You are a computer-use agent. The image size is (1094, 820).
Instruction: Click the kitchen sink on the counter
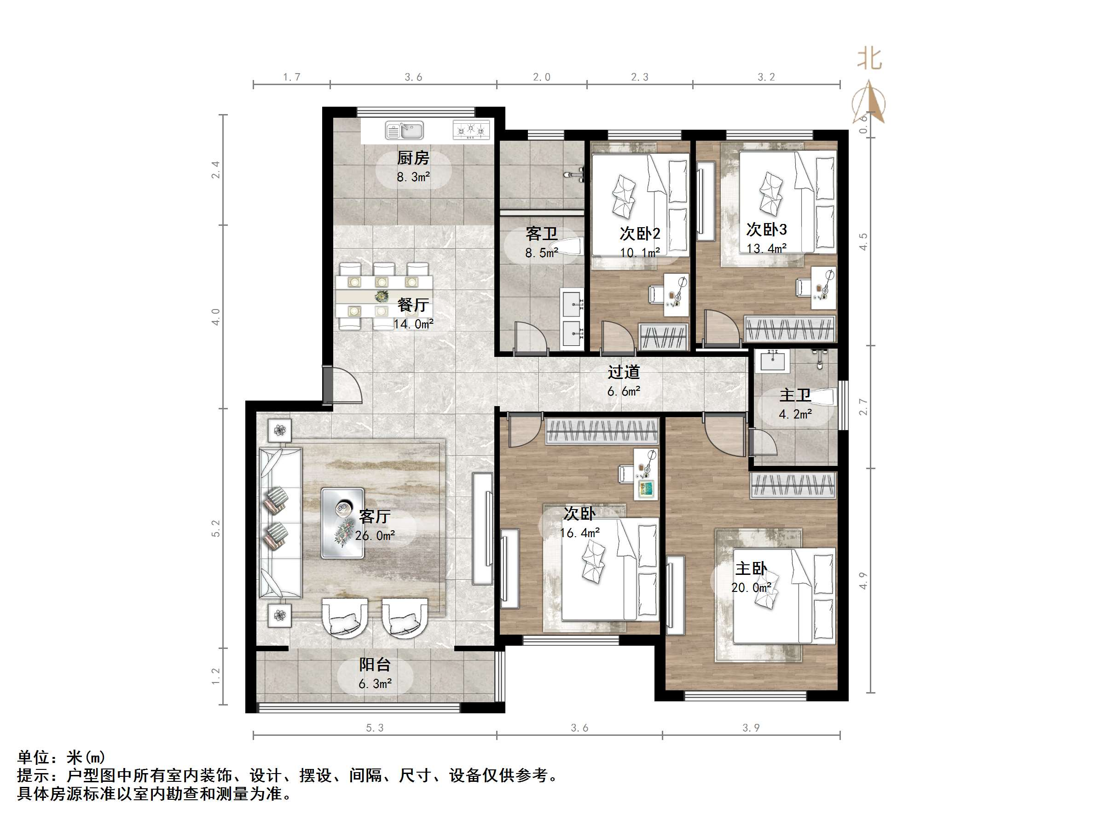pyautogui.click(x=404, y=131)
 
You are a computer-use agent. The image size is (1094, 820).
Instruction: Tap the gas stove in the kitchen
pyautogui.click(x=471, y=131)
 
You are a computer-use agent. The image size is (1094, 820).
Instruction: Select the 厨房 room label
pyautogui.click(x=413, y=158)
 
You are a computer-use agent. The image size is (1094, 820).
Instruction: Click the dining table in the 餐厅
pyautogui.click(x=384, y=296)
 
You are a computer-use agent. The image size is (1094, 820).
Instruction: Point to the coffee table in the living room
pyautogui.click(x=343, y=523)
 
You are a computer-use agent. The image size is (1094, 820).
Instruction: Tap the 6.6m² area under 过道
pyautogui.click(x=624, y=391)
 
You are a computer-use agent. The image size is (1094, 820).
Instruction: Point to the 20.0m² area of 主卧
pyautogui.click(x=751, y=588)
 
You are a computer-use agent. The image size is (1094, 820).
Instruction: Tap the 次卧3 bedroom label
pyautogui.click(x=766, y=229)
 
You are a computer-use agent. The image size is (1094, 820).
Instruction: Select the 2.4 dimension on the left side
pyautogui.click(x=216, y=170)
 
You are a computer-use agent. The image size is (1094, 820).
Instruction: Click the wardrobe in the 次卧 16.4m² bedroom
pyautogui.click(x=602, y=430)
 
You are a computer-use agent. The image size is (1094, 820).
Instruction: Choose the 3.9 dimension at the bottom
pyautogui.click(x=751, y=728)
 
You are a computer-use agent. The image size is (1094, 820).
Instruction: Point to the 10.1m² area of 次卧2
pyautogui.click(x=640, y=252)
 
